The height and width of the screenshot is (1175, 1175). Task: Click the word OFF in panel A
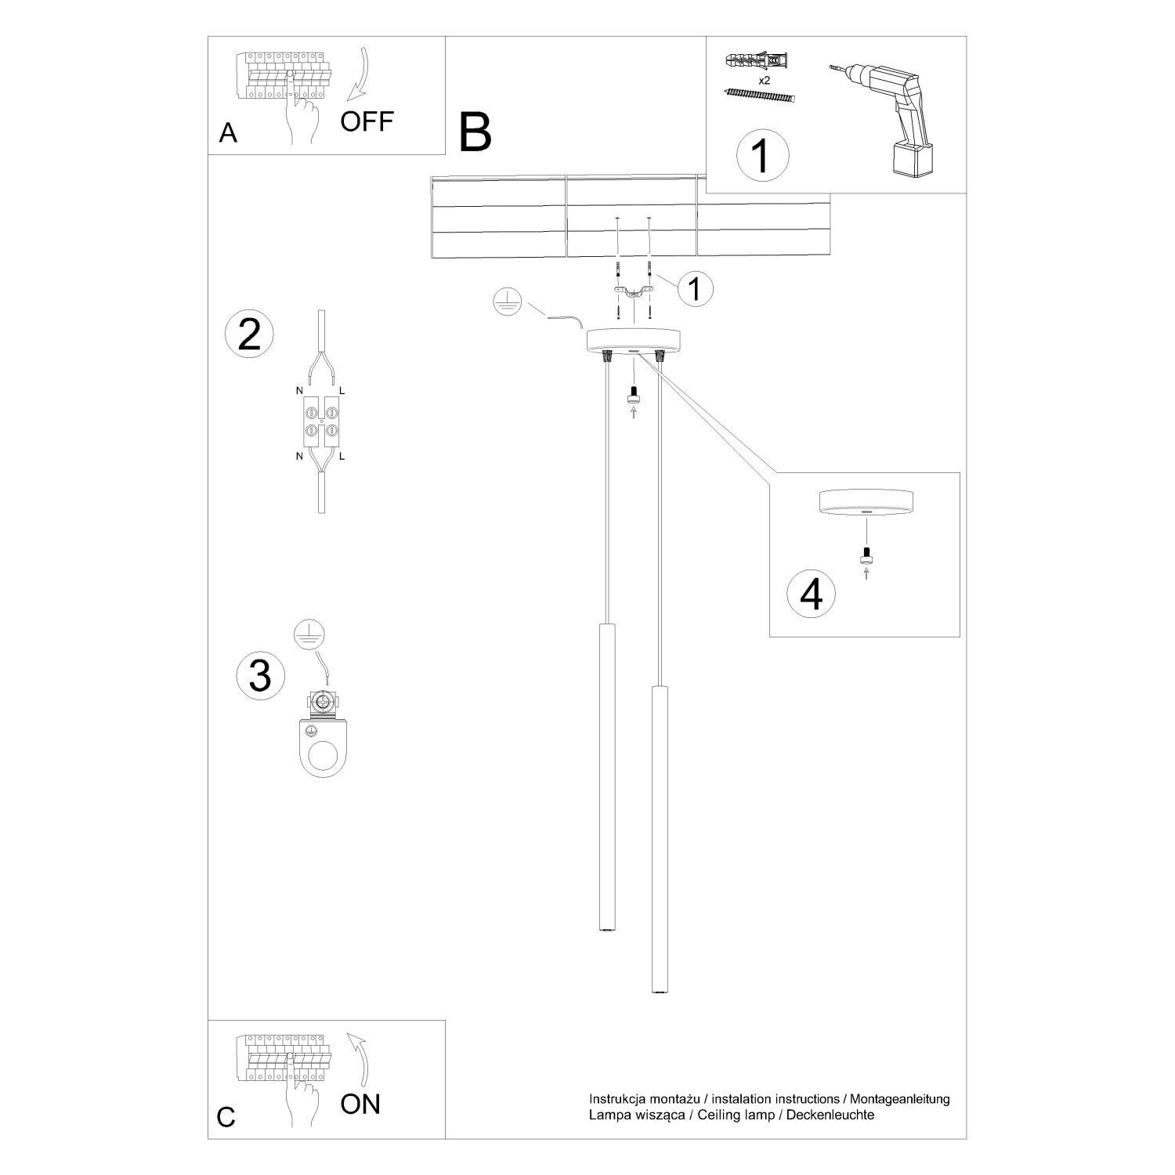(x=367, y=121)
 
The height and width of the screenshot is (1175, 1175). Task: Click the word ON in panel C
(x=360, y=1104)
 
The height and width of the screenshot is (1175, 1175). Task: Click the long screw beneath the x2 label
(x=760, y=96)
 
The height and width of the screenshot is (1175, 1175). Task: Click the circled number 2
(x=249, y=334)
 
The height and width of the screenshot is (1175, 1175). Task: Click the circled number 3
(x=259, y=675)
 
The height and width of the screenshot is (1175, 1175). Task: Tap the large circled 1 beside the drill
(x=762, y=154)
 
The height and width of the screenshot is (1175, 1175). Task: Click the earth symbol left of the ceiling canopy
(x=508, y=302)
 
